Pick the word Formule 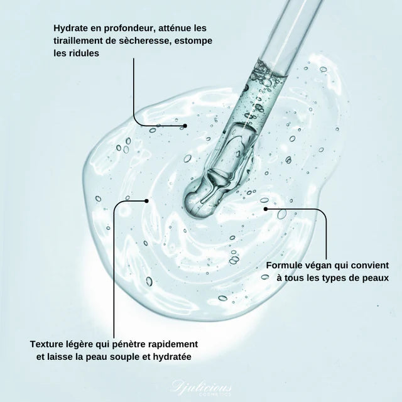tap(286, 265)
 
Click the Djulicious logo tap(201, 384)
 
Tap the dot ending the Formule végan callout tap(266, 208)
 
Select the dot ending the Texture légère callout tap(146, 201)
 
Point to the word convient tap(369, 265)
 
